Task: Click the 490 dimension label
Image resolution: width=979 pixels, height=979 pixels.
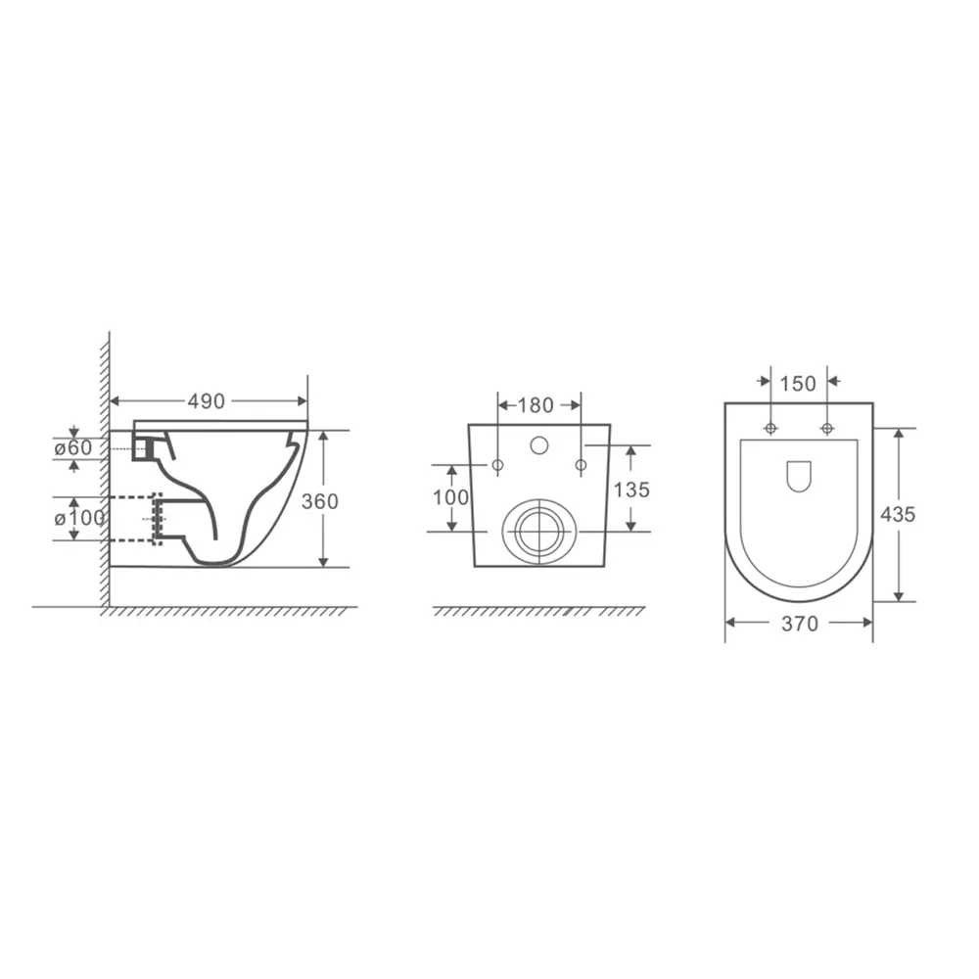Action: click(x=206, y=401)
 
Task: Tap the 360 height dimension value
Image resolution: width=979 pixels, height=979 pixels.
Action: click(x=320, y=501)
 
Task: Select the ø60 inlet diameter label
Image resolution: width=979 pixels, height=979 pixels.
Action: click(x=73, y=447)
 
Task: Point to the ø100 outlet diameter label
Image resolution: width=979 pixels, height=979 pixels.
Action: click(x=80, y=518)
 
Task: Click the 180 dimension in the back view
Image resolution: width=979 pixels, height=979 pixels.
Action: click(x=536, y=405)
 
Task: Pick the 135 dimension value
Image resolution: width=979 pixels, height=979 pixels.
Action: click(x=631, y=490)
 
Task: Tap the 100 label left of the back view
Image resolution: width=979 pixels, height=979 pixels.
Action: click(x=450, y=497)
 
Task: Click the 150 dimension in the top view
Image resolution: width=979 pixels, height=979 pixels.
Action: click(x=798, y=384)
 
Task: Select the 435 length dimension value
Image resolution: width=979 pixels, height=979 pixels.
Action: click(x=898, y=515)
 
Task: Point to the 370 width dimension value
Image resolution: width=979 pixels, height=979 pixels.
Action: click(x=800, y=624)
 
